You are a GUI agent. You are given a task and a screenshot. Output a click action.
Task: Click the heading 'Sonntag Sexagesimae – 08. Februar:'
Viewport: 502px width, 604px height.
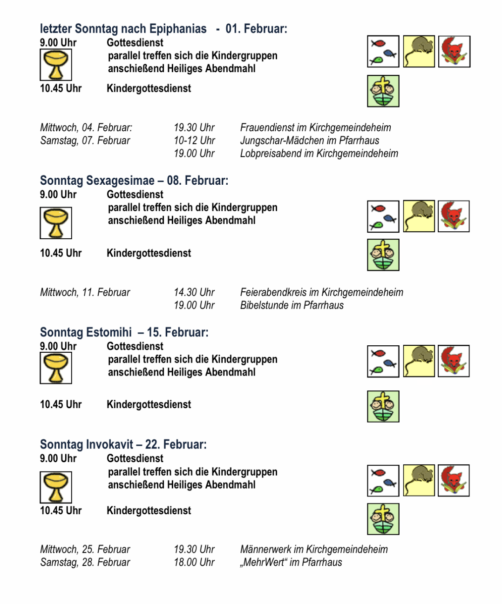point(134,181)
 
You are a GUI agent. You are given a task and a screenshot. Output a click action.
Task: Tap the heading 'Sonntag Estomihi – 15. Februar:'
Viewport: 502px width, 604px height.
point(124,332)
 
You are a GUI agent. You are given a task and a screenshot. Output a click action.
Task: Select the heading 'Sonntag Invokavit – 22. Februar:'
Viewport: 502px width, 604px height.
point(123,444)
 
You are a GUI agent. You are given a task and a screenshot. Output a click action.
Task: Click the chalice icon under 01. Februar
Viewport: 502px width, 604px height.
point(56,65)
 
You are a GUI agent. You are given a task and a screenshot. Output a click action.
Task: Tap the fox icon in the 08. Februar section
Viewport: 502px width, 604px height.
point(454,216)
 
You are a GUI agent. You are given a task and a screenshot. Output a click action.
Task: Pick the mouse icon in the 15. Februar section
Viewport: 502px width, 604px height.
point(419,361)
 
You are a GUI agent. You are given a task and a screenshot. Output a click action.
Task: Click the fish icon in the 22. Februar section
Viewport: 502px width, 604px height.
point(383,481)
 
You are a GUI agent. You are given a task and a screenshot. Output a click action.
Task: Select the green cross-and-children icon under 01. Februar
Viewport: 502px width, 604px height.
point(383,91)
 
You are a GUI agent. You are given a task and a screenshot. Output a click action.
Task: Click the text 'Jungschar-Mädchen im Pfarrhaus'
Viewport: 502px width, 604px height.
point(309,141)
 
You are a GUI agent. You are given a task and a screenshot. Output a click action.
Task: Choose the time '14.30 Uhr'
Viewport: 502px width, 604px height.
point(194,292)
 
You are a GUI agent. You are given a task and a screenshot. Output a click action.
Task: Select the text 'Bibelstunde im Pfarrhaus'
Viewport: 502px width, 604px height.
point(292,305)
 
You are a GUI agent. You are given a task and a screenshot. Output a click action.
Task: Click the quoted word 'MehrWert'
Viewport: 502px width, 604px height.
point(264,562)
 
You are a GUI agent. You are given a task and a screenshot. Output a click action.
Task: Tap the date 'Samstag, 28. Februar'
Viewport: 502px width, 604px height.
point(85,562)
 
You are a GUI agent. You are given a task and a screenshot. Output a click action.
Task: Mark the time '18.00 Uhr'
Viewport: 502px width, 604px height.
point(194,562)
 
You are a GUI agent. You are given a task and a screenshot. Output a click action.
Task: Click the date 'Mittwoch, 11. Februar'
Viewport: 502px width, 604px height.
point(85,292)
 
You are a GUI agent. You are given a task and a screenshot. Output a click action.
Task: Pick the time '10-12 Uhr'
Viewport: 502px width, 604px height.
point(194,141)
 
